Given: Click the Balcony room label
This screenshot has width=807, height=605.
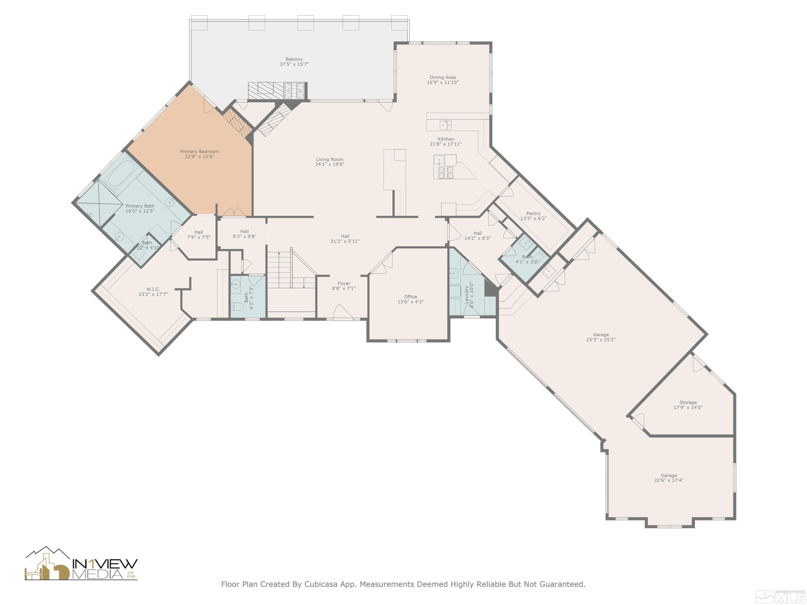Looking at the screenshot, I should [294, 59].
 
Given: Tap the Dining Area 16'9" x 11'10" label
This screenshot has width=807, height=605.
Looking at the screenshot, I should [443, 80].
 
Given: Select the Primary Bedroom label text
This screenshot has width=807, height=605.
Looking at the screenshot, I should [199, 151].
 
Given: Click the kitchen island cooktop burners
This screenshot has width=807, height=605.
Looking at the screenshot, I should [446, 173].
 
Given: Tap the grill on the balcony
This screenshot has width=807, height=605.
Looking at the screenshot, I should [294, 90].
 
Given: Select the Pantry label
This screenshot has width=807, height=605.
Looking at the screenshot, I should [533, 213].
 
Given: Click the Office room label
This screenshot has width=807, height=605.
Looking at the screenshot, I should [410, 297].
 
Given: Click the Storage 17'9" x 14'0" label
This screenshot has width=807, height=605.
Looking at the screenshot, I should [688, 405].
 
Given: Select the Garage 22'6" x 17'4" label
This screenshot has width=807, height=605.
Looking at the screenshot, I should [668, 478].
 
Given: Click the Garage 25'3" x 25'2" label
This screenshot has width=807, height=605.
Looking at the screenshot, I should [600, 337].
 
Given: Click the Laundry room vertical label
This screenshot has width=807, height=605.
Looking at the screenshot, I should [467, 295].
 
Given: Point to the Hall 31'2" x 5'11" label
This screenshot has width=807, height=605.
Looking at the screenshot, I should [345, 239].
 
